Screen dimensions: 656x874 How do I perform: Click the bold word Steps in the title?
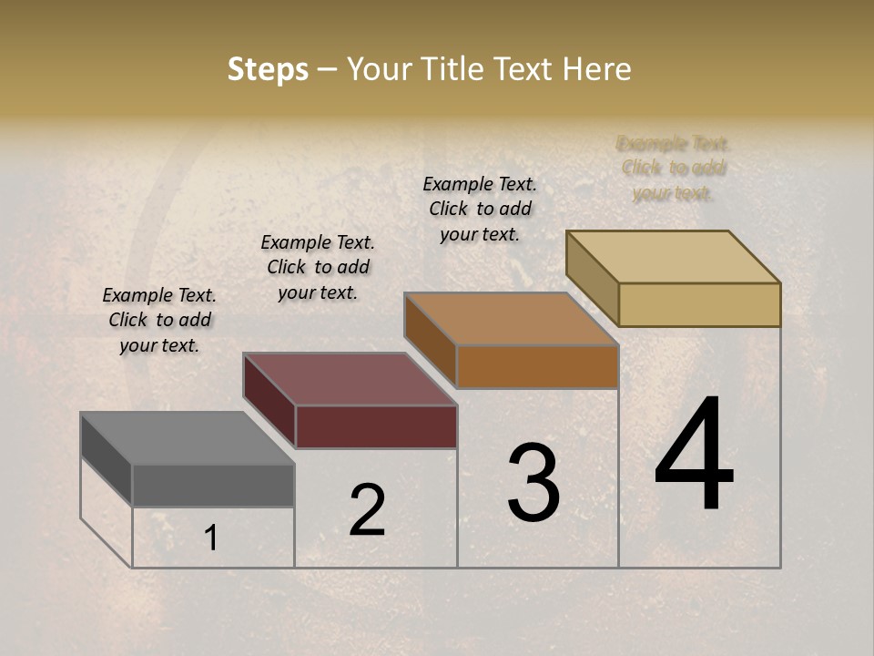pos(268,69)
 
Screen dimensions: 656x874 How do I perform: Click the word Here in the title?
pos(597,69)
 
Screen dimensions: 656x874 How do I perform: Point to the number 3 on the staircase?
pos(533,483)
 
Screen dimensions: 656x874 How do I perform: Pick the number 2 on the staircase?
pos(367,510)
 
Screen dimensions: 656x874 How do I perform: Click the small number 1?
pos(211,538)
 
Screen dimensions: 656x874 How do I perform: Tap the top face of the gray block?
pos(188,438)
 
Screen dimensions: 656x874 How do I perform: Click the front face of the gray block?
pos(213,486)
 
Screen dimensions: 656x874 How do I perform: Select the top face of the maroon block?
pos(350,379)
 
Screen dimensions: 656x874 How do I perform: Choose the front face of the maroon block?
pos(376,426)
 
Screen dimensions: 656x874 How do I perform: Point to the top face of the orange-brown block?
pos(512,319)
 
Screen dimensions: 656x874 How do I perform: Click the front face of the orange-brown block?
pos(537,366)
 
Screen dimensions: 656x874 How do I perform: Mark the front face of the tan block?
pos(699,304)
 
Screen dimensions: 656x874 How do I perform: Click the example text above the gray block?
pos(159,320)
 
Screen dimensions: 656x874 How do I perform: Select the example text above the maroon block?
pos(318,267)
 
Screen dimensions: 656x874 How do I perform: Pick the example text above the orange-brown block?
pos(480,209)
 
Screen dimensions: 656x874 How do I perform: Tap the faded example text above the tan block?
pos(674,168)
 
